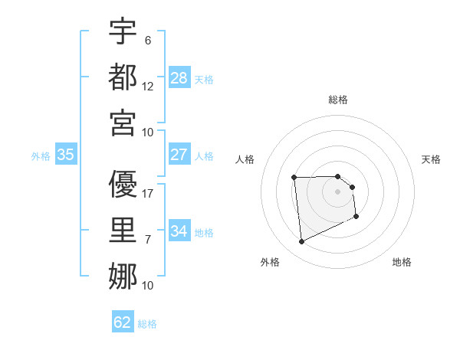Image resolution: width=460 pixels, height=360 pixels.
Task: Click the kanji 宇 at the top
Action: [x=123, y=31]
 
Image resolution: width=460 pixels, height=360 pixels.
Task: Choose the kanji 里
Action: [x=123, y=231]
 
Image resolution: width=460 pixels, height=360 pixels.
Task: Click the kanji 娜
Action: [x=123, y=277]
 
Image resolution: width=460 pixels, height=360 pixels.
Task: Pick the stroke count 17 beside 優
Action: [x=148, y=194]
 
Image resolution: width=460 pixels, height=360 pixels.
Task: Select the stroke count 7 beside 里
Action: [x=148, y=240]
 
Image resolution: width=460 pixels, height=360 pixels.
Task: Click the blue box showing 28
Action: [x=179, y=78]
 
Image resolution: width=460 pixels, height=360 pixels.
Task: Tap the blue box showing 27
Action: [x=179, y=155]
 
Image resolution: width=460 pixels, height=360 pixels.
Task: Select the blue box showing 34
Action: [x=179, y=231]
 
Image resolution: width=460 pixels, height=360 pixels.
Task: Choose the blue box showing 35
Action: [x=65, y=155]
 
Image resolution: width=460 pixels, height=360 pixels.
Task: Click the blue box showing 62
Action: [x=123, y=322]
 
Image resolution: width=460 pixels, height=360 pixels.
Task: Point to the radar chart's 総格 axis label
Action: [x=338, y=100]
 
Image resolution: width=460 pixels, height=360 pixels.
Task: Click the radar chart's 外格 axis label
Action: [x=270, y=262]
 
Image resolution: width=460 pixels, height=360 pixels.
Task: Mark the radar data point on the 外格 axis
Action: [x=301, y=242]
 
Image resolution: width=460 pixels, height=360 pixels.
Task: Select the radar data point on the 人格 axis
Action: [x=294, y=178]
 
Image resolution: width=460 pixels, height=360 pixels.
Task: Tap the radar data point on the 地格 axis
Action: [x=356, y=218]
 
